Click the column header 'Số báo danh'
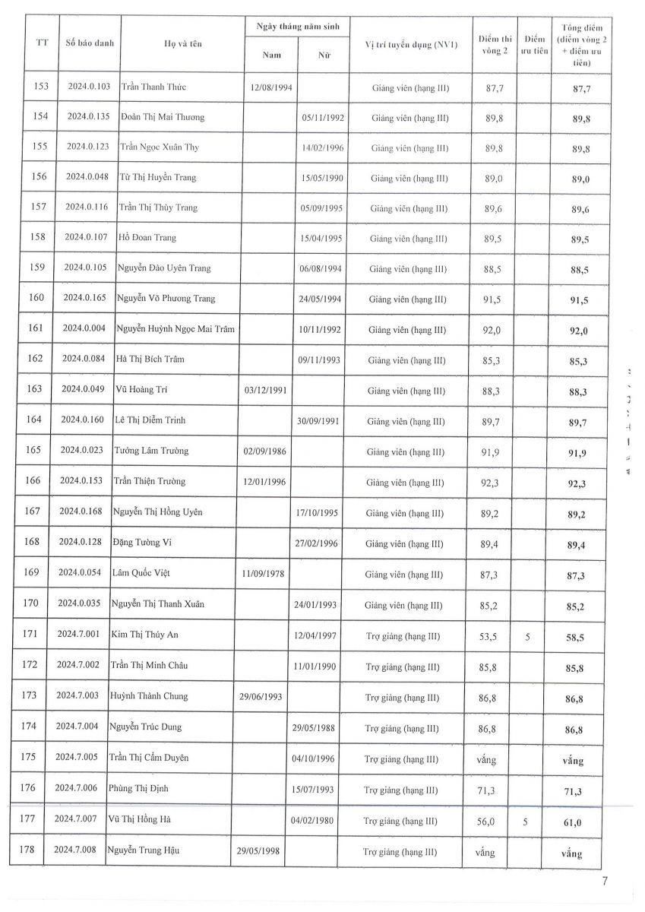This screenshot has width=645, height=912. pyautogui.click(x=90, y=43)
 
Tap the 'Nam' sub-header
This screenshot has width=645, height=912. pyautogui.click(x=271, y=55)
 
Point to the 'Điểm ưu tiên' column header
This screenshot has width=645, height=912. pyautogui.click(x=535, y=44)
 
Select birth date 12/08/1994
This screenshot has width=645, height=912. pyautogui.click(x=271, y=88)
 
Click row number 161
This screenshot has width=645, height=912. pyautogui.click(x=36, y=328)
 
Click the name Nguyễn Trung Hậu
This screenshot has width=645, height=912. pyautogui.click(x=144, y=850)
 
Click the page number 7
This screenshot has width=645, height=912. pyautogui.click(x=605, y=882)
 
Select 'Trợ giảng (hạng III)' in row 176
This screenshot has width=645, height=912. pyautogui.click(x=402, y=790)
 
